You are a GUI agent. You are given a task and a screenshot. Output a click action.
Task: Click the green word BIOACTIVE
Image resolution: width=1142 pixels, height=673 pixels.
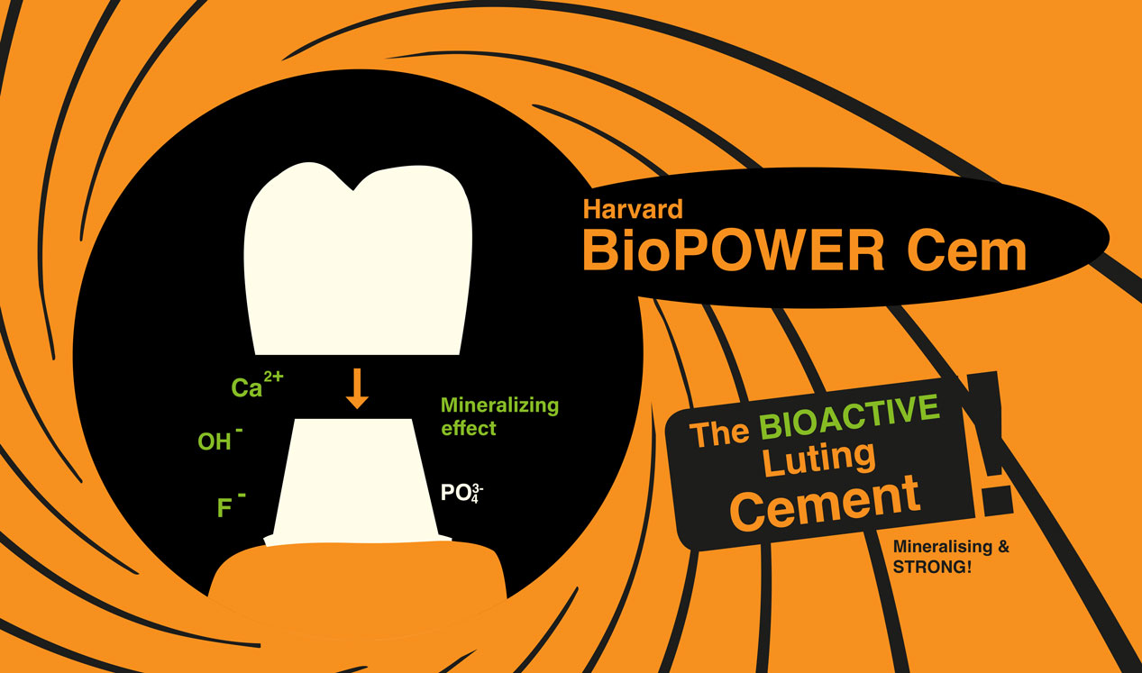coord(849,419)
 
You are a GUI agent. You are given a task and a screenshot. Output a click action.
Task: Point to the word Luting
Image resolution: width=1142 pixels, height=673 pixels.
coord(819,459)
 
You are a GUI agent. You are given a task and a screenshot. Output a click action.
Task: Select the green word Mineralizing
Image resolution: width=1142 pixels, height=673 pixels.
coord(499,405)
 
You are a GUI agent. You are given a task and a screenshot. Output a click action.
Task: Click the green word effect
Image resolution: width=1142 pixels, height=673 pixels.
coord(469,428)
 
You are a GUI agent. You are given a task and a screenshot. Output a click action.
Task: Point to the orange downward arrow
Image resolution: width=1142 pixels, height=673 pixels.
coord(357,388)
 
